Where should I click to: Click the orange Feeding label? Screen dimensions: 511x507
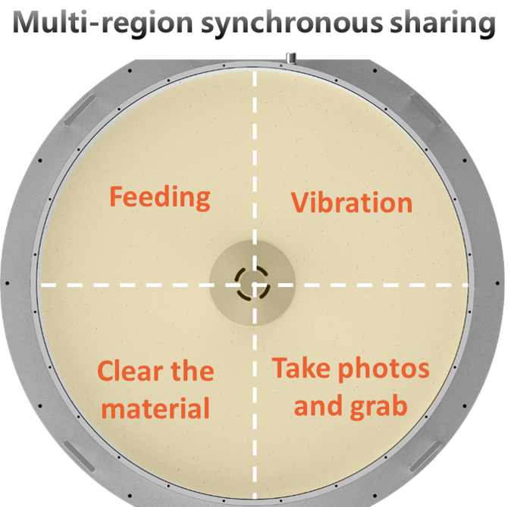(160, 198)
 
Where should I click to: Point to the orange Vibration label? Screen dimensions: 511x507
(352, 203)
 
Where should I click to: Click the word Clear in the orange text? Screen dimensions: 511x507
(130, 371)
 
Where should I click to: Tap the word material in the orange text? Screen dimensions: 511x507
(155, 408)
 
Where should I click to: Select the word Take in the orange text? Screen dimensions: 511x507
(302, 367)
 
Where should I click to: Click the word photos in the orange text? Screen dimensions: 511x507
(384, 370)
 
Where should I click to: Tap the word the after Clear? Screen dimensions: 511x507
(193, 371)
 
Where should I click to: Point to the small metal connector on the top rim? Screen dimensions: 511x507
(290, 58)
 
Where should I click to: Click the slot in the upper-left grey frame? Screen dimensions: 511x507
(80, 110)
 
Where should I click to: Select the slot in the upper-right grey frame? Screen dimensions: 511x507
(425, 110)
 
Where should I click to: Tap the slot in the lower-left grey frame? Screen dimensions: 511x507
(80, 456)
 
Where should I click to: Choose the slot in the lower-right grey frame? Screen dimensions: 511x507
(425, 456)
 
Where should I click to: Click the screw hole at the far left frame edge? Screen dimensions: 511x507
(7, 283)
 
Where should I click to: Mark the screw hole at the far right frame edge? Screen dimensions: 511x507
(497, 283)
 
